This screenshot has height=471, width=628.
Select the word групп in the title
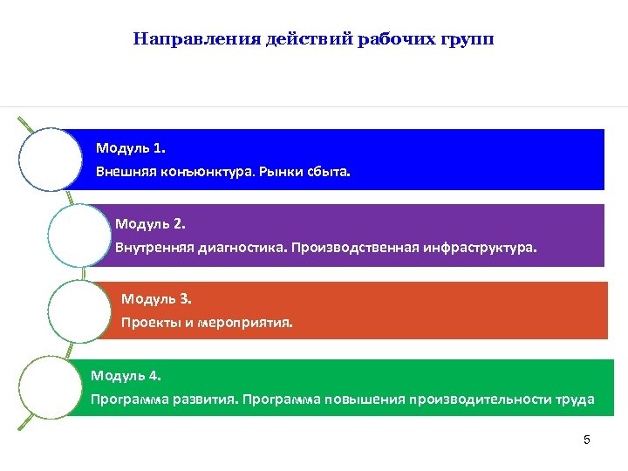470,39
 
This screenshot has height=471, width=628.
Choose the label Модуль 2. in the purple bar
150,222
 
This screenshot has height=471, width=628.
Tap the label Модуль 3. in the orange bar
156,299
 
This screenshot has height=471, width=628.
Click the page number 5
587,440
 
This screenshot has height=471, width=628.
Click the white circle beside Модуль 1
49,159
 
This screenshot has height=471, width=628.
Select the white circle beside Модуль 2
78,235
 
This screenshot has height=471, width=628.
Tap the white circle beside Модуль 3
78,311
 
